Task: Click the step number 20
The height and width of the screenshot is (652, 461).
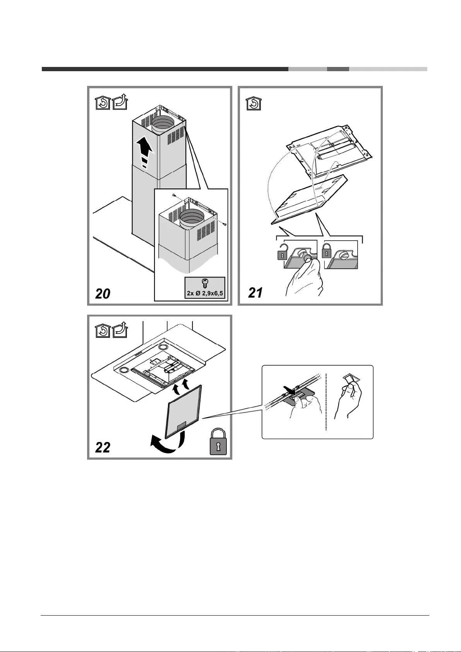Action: click(x=103, y=294)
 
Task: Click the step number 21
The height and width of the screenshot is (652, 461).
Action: click(x=255, y=293)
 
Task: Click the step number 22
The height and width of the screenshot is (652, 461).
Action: click(x=103, y=447)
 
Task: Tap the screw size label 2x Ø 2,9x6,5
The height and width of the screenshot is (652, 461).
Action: click(x=205, y=293)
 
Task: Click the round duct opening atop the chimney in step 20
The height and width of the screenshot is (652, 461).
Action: click(x=163, y=123)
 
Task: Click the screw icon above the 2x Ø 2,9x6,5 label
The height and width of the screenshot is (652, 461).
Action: click(x=205, y=283)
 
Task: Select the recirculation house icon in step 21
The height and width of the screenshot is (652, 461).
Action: click(x=254, y=103)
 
